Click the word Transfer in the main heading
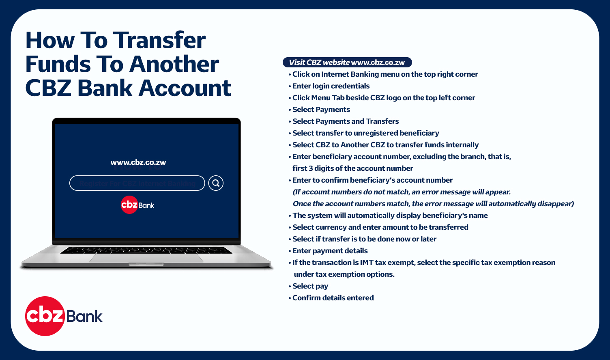159,40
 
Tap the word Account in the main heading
185,88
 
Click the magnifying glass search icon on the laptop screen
216,183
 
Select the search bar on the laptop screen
137,183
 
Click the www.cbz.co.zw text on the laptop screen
138,162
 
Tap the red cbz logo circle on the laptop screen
129,205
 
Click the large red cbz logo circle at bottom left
45,316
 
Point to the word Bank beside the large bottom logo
84,316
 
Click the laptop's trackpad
146,258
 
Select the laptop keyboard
146,250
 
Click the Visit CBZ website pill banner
347,63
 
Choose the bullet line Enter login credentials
329,86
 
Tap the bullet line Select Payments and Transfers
344,121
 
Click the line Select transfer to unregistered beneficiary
364,133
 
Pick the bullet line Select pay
308,286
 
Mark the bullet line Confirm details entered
331,298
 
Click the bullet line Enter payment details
328,251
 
